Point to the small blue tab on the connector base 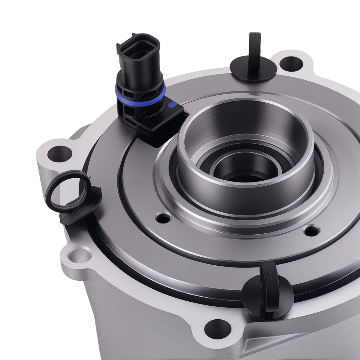[172, 105]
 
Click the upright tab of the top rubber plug [255, 50]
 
